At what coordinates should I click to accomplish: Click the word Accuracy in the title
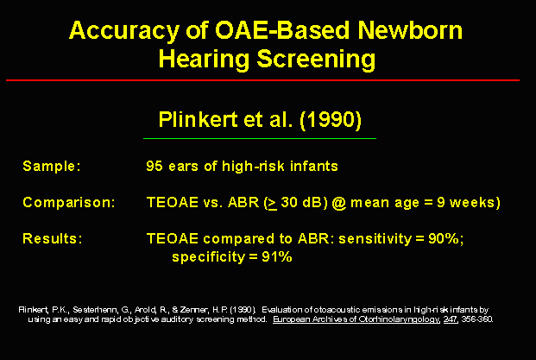124,31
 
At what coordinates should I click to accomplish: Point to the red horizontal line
262,80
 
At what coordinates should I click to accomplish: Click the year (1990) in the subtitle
331,120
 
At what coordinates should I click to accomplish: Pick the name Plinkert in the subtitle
198,120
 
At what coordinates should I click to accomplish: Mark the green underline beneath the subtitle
260,138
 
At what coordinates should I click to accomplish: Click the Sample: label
52,166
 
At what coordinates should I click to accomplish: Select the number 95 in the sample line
154,166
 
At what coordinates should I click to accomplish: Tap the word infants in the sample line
314,166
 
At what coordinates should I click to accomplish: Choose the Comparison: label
69,202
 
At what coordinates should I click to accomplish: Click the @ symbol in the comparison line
338,203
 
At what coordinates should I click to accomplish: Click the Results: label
53,238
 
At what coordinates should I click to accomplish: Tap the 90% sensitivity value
444,238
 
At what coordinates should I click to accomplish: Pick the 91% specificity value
277,256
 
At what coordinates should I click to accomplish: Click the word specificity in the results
209,257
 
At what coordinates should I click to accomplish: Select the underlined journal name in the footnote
356,319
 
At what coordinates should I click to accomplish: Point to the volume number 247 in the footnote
451,319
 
